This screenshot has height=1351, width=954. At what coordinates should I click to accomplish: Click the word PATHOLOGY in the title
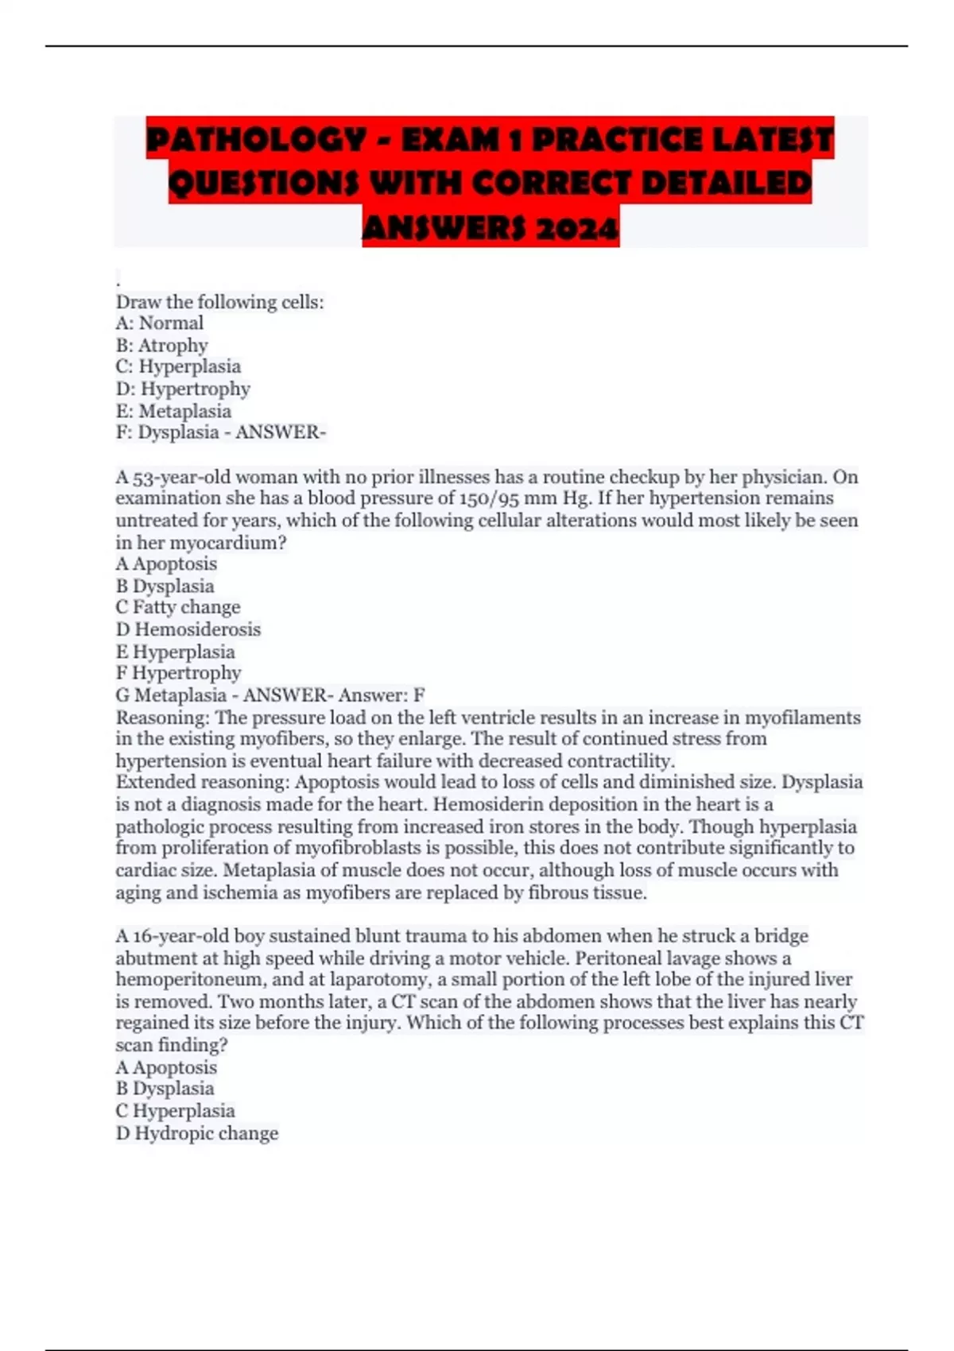256,141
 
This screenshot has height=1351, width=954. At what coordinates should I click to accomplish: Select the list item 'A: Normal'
160,323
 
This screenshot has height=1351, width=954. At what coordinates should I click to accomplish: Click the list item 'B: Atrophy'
162,345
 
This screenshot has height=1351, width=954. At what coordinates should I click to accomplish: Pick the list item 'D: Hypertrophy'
183,389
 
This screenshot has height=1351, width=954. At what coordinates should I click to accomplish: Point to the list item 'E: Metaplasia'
173,411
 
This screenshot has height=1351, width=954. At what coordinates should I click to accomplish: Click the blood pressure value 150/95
487,498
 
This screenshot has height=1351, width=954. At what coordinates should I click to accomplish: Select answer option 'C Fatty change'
178,607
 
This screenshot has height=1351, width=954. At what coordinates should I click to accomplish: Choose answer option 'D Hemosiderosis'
188,629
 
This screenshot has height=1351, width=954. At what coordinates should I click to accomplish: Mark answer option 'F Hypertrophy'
179,673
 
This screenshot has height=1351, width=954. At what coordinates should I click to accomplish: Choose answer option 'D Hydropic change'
197,1133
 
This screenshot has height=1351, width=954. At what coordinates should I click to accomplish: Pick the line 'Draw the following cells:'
220,302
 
